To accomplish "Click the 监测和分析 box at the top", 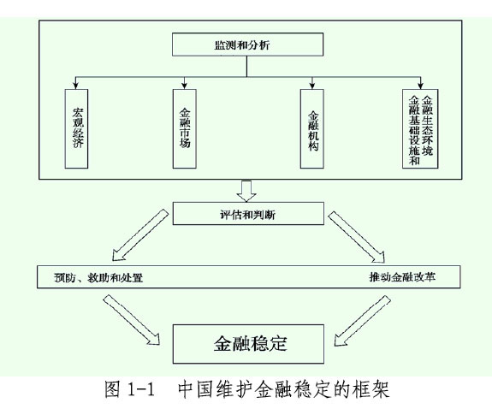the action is coord(247,44).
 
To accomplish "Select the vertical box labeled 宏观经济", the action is coord(76,128).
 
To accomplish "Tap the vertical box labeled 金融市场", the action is coord(185,128).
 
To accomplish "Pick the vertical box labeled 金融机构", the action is coord(312,128).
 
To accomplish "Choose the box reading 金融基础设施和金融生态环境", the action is coord(420,128).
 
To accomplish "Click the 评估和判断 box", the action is coord(248,213).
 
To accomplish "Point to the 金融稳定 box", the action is coord(248,344).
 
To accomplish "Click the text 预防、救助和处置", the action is coord(98,277).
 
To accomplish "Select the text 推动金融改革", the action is coord(402,277).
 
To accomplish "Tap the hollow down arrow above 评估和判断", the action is coord(246,191).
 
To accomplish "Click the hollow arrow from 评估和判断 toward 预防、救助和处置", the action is coord(139,235).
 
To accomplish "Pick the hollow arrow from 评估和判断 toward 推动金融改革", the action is coord(357,237).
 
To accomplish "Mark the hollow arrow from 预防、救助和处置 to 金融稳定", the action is coord(132,319).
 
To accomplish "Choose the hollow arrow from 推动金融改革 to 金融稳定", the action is coord(363,321).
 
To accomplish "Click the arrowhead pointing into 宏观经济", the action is coord(75,86).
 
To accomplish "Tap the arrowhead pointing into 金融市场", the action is coord(185,86).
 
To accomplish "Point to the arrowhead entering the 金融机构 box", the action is coord(312,86).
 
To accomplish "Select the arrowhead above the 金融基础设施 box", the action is coord(420,86).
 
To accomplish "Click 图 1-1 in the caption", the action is coord(129,389).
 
